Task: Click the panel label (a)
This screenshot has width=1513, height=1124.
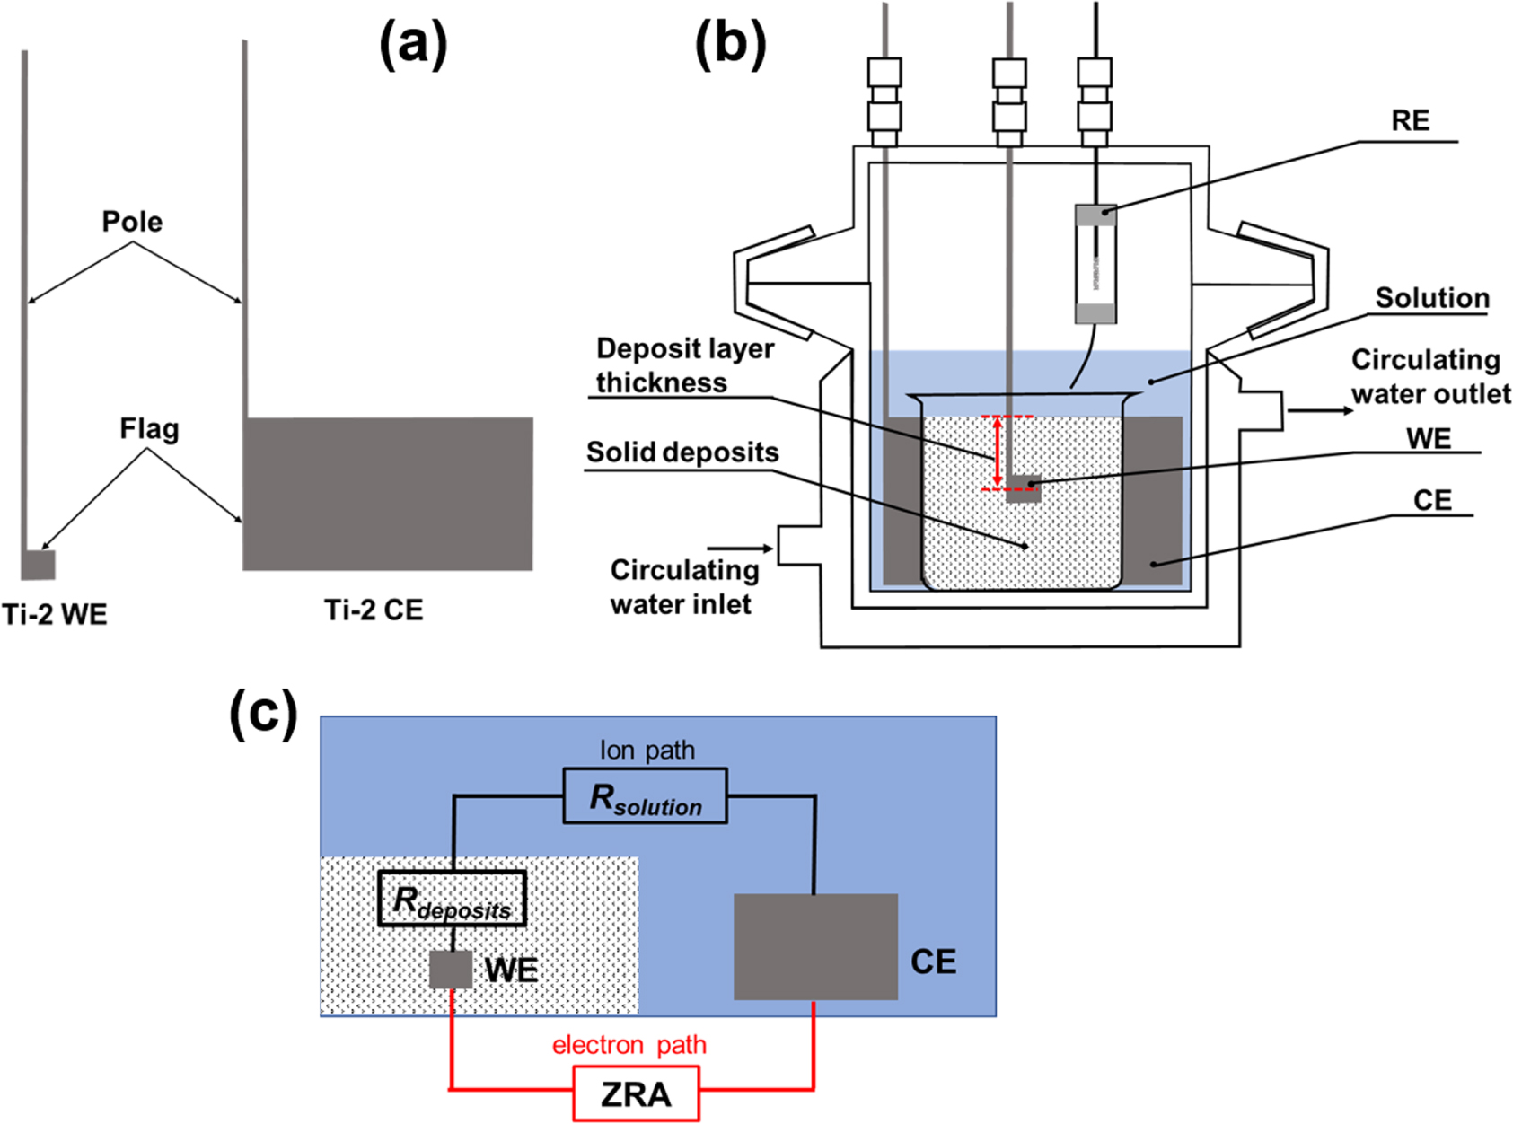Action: click(x=412, y=43)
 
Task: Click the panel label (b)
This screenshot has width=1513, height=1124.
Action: click(x=730, y=43)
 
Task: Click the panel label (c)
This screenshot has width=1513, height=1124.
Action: click(x=263, y=716)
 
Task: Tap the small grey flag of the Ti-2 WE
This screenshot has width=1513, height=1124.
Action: click(x=39, y=565)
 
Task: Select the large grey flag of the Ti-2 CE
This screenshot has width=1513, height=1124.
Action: click(x=388, y=493)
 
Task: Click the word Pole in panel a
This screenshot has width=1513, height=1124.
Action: click(x=132, y=222)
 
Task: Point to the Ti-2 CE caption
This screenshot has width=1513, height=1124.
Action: click(x=374, y=610)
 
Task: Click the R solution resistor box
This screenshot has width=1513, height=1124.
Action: click(x=645, y=796)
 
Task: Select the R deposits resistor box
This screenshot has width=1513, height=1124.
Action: click(x=452, y=899)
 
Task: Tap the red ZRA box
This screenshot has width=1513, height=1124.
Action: click(x=636, y=1093)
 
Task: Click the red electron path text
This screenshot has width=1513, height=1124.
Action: click(x=629, y=1045)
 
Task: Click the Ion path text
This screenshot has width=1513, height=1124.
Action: click(x=647, y=750)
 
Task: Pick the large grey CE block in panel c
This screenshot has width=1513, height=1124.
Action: click(x=815, y=946)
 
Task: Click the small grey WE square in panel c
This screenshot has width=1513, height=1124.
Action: click(x=450, y=970)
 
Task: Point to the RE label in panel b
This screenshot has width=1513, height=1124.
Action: click(x=1410, y=121)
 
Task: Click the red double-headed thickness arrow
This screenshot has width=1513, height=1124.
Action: click(x=997, y=452)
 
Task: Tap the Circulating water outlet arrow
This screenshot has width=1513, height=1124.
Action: click(x=1320, y=411)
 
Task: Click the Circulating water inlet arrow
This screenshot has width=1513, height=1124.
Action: click(x=740, y=549)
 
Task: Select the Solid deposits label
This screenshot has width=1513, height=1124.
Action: click(x=682, y=452)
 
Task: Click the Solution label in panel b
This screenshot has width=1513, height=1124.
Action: click(x=1431, y=298)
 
